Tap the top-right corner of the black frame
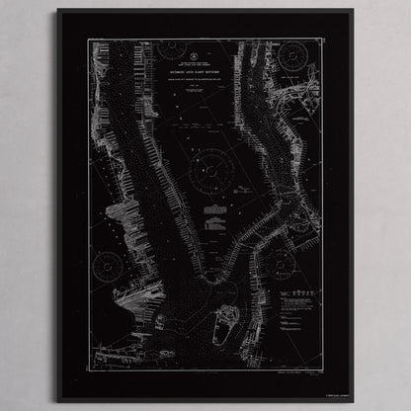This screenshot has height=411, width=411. [x=353, y=11]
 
